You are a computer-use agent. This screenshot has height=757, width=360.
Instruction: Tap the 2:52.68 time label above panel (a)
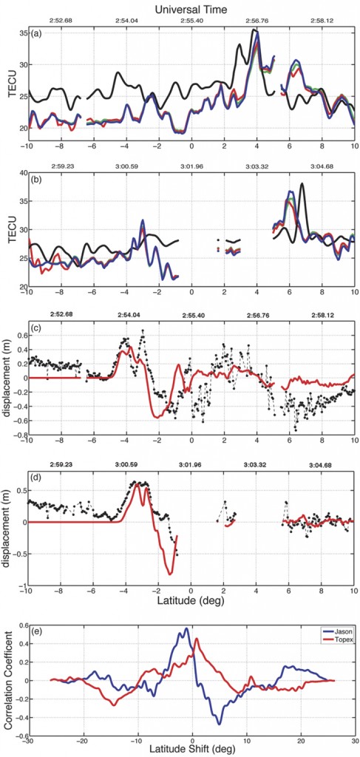click(61, 20)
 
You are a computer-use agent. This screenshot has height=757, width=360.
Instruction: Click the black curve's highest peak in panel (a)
click(254, 30)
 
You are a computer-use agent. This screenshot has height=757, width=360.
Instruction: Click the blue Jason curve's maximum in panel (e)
click(187, 629)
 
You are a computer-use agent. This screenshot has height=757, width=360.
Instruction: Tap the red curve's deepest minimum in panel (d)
click(171, 573)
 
